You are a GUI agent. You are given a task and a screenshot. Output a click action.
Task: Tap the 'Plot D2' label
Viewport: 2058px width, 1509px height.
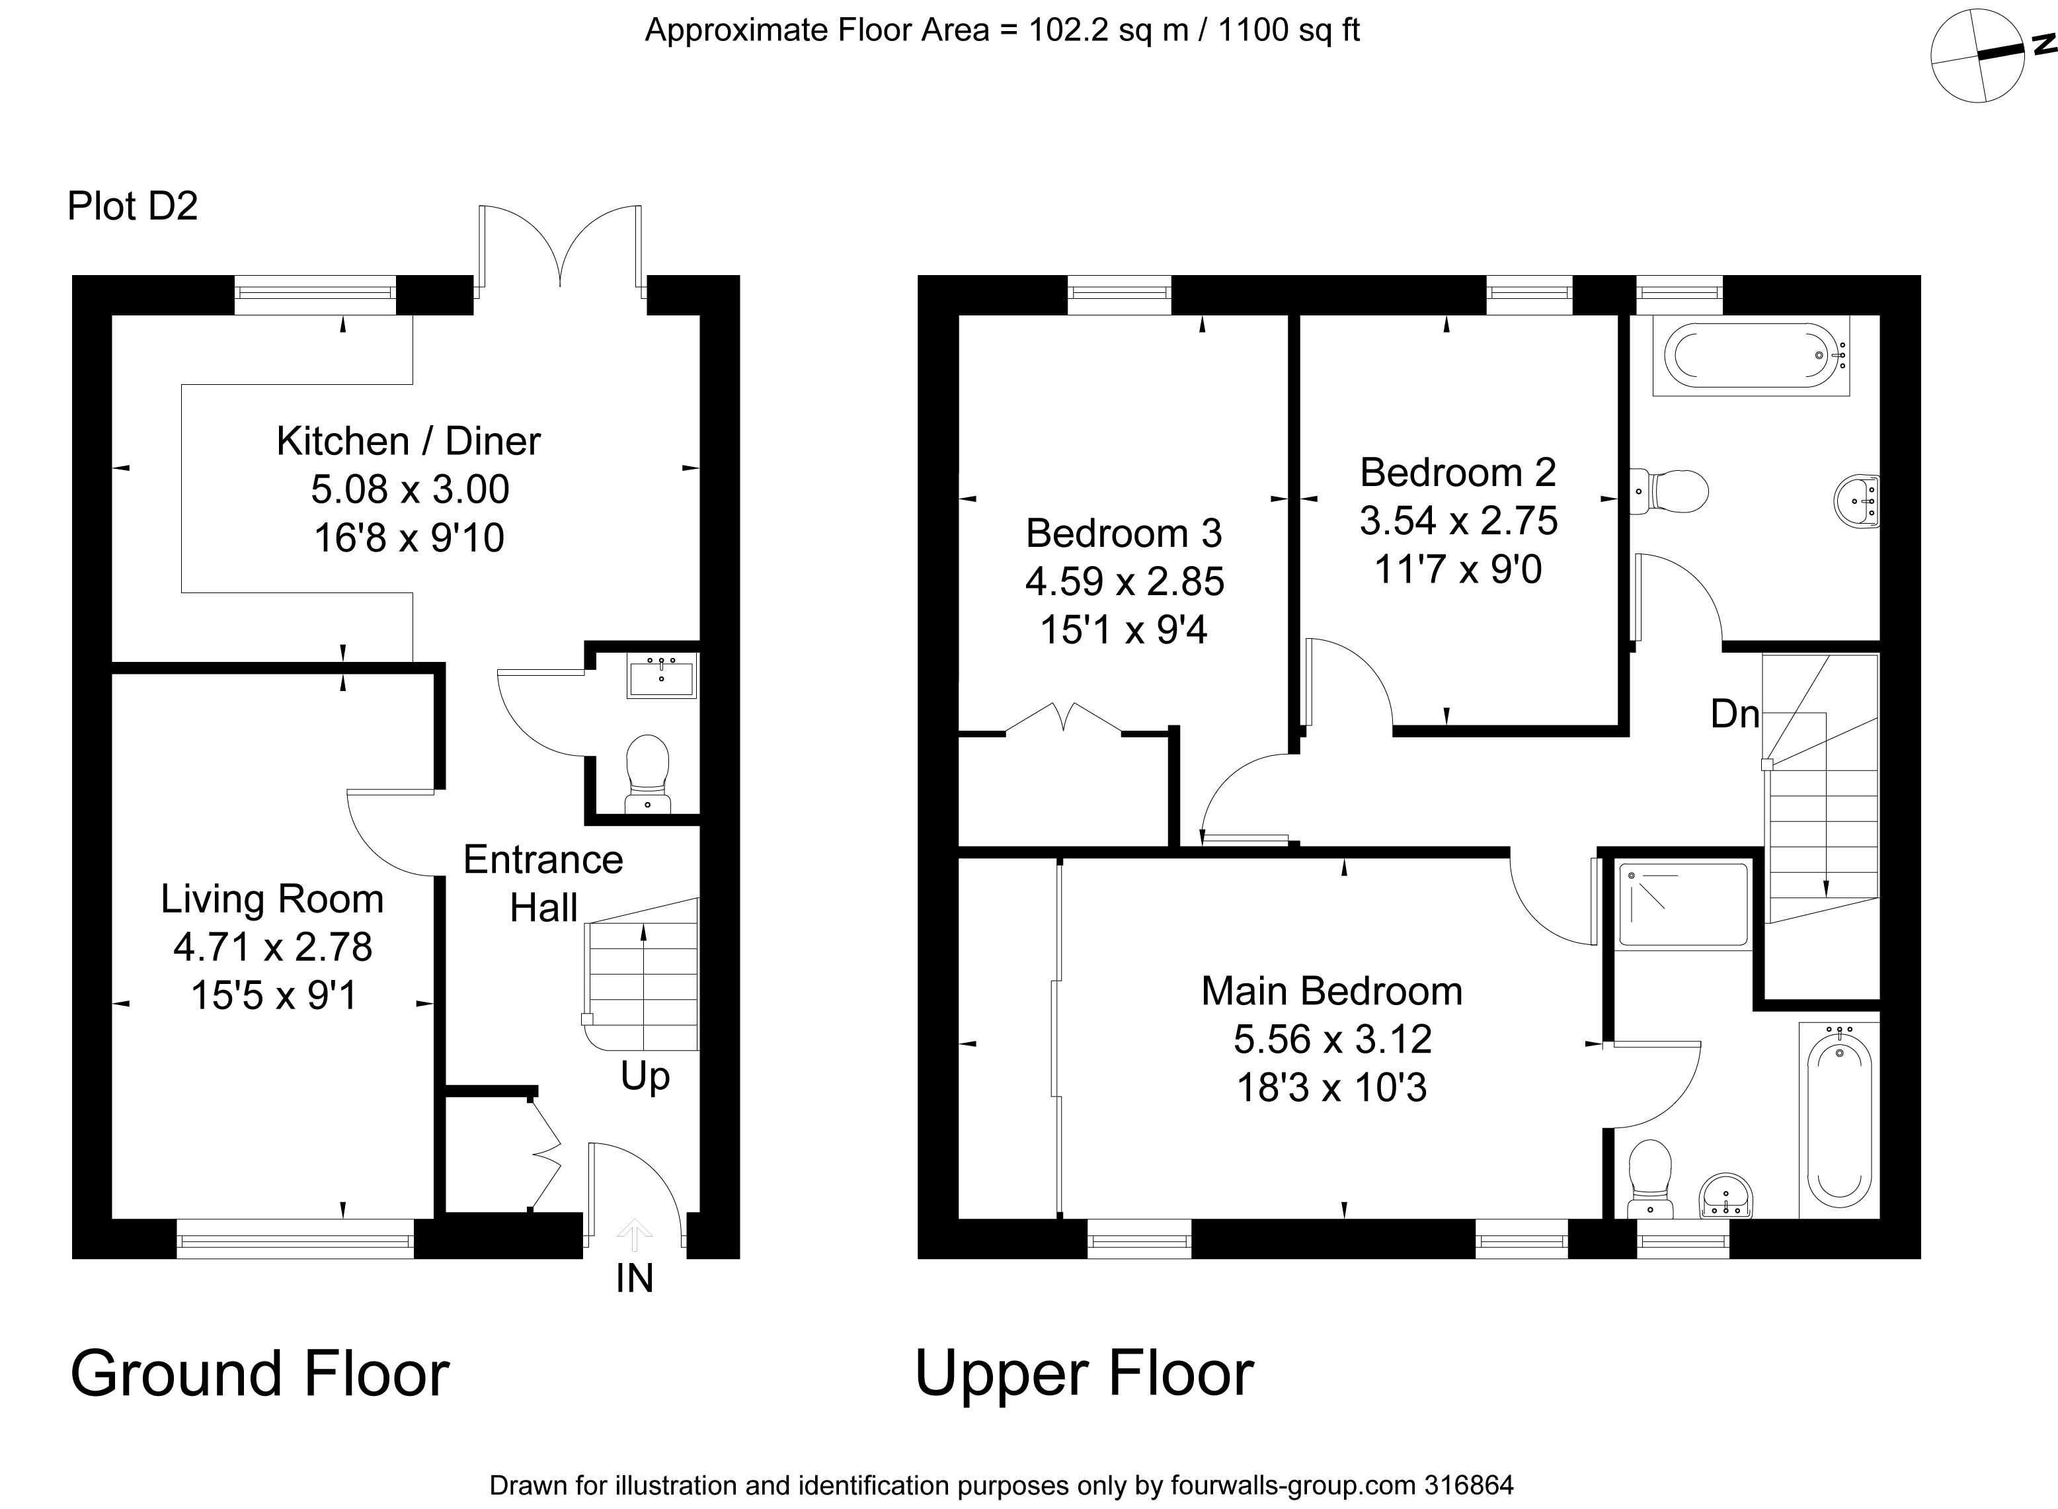click(132, 206)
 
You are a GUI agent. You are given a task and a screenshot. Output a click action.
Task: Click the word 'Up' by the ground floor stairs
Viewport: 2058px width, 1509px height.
click(645, 1078)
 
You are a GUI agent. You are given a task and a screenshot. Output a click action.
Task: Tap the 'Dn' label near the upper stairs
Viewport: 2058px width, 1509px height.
click(1735, 714)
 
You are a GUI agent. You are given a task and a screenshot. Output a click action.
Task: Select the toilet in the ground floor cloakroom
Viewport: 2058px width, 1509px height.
click(647, 774)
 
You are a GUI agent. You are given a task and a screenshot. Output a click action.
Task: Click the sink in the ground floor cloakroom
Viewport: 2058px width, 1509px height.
click(661, 676)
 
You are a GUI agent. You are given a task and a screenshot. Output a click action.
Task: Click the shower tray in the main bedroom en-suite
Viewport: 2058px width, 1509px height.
click(1684, 905)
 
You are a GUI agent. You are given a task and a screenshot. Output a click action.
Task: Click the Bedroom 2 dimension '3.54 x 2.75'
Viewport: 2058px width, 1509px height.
click(1458, 520)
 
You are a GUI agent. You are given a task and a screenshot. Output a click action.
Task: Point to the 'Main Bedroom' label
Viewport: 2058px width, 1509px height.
click(1331, 991)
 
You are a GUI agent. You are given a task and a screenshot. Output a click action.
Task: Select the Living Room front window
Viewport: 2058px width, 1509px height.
click(295, 1239)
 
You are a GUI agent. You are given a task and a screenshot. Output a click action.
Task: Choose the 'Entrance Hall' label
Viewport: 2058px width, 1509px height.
click(543, 883)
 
